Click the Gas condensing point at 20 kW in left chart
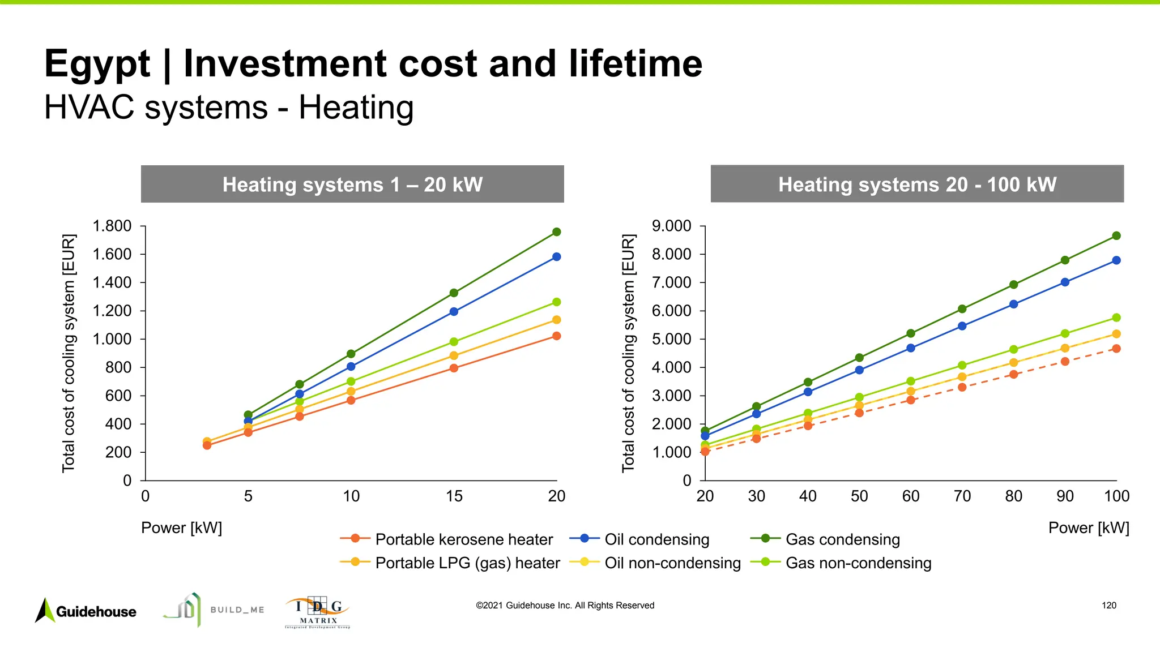pyautogui.click(x=556, y=232)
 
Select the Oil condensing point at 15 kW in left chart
pyautogui.click(x=454, y=311)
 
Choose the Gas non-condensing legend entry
pyautogui.click(x=841, y=563)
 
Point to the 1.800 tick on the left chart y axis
pyautogui.click(x=112, y=226)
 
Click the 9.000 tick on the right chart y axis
pyautogui.click(x=672, y=226)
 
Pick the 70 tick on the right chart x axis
pyautogui.click(x=962, y=496)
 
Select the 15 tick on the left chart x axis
pyautogui.click(x=454, y=496)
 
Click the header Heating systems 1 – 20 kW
pyautogui.click(x=352, y=185)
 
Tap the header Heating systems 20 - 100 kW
pyautogui.click(x=917, y=185)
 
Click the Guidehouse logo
pyautogui.click(x=86, y=611)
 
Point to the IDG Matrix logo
pyautogui.click(x=318, y=612)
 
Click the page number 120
pyautogui.click(x=1108, y=606)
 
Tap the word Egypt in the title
pyautogui.click(x=97, y=63)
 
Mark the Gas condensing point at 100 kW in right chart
pyautogui.click(x=1116, y=236)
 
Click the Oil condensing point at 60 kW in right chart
pyautogui.click(x=910, y=348)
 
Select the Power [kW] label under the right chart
pyautogui.click(x=1088, y=528)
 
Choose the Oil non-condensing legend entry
pyautogui.click(x=655, y=563)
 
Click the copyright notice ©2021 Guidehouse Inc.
pyautogui.click(x=565, y=606)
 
